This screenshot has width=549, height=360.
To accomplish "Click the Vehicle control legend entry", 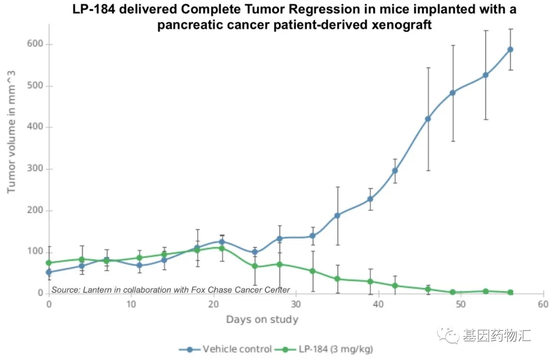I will (x=226, y=349).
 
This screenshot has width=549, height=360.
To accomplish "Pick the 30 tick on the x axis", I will (x=296, y=304).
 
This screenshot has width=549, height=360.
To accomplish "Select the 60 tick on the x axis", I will (x=543, y=304).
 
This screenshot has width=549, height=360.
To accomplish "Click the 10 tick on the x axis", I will (x=131, y=304).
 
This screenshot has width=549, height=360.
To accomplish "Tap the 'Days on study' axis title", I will (x=262, y=320).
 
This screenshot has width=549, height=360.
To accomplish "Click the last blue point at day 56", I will (x=510, y=49).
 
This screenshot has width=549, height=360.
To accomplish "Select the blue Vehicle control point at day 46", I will (x=428, y=119).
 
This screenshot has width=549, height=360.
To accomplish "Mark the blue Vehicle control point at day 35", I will (x=337, y=215).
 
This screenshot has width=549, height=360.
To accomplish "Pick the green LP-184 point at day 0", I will (x=49, y=263).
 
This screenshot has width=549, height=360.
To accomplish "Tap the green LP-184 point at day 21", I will (x=222, y=248).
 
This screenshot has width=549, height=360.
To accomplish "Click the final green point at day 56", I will (x=510, y=292).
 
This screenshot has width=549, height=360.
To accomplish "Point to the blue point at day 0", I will (x=49, y=272).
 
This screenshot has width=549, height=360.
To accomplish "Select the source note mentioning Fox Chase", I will (x=170, y=290).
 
